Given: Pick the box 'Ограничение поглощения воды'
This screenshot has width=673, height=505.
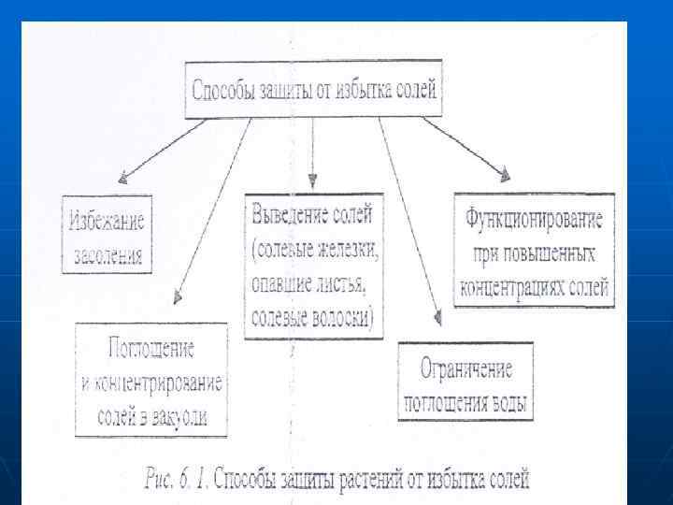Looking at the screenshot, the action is [x=465, y=382].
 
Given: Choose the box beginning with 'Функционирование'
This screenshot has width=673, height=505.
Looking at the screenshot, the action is [x=535, y=250].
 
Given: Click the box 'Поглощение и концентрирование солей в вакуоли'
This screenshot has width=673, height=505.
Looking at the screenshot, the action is [x=150, y=379].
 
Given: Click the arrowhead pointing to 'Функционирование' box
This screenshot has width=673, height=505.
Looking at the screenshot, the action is [x=505, y=174].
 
